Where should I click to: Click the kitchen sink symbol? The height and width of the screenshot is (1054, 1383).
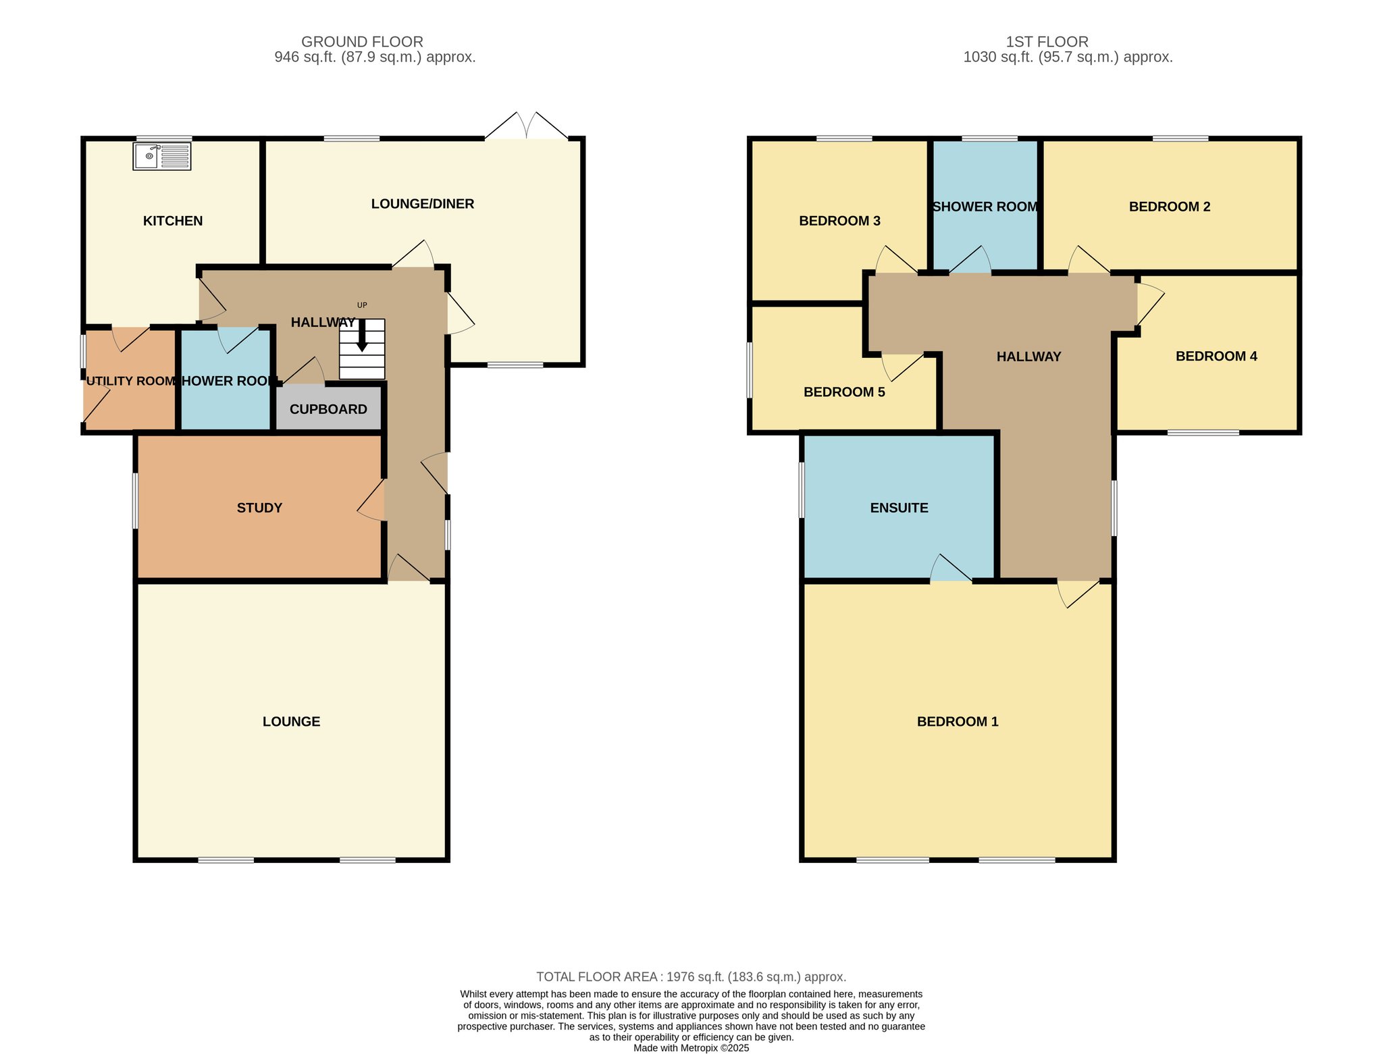[x=162, y=156]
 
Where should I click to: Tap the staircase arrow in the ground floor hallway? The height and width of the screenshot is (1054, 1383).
[x=362, y=335]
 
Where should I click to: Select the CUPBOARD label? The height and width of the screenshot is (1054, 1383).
[x=328, y=409]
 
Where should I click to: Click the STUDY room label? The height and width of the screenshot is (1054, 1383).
[x=259, y=508]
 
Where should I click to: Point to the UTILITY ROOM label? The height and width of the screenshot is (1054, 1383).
[x=131, y=381]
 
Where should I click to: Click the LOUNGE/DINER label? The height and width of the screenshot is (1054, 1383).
[x=423, y=204]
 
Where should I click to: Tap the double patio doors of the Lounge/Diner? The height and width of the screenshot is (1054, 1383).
[x=527, y=126]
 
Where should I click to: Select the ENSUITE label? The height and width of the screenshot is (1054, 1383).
[x=899, y=508]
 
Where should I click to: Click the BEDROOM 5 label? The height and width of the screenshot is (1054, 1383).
[x=844, y=392]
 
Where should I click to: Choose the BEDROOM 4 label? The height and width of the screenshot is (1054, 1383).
[x=1216, y=357]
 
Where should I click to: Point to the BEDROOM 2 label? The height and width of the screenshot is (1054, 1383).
[x=1170, y=207]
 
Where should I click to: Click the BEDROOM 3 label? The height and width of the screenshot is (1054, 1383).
[x=839, y=221]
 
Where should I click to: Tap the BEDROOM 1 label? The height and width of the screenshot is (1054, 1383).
[x=958, y=722]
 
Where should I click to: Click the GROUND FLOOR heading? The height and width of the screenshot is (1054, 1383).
[x=362, y=42]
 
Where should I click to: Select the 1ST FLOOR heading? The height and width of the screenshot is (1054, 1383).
[x=1047, y=42]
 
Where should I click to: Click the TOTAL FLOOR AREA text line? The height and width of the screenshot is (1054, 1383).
[x=691, y=977]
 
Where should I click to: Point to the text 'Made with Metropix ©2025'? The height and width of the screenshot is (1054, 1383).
[x=691, y=1049]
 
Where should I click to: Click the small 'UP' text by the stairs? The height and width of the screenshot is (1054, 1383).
[x=362, y=305]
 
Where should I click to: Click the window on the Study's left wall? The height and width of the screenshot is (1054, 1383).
[x=135, y=500]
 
